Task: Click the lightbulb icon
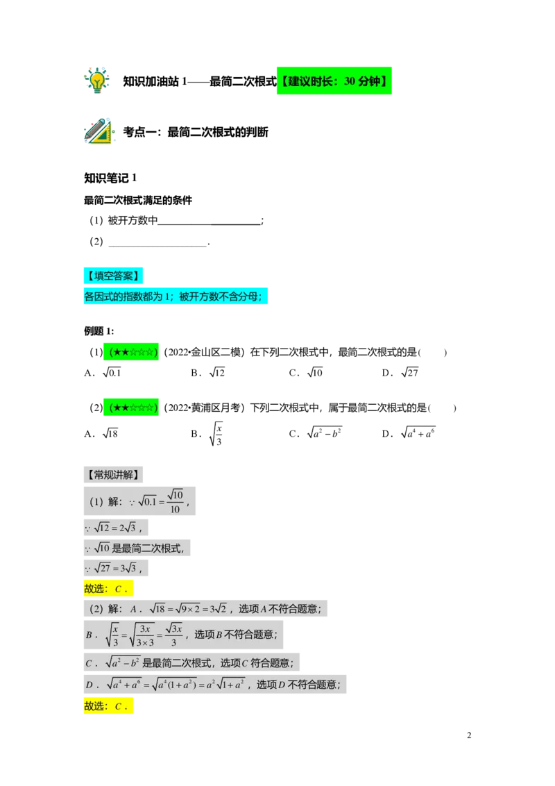96,79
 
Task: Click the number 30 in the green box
350,81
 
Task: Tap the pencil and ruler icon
99,132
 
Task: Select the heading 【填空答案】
113,276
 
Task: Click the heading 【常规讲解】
113,475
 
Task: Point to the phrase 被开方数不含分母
222,296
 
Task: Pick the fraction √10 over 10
175,501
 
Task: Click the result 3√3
132,569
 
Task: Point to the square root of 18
160,609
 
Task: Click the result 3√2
219,609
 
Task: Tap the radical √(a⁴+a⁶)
125,684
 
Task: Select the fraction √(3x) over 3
173,634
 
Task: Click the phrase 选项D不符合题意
298,684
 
